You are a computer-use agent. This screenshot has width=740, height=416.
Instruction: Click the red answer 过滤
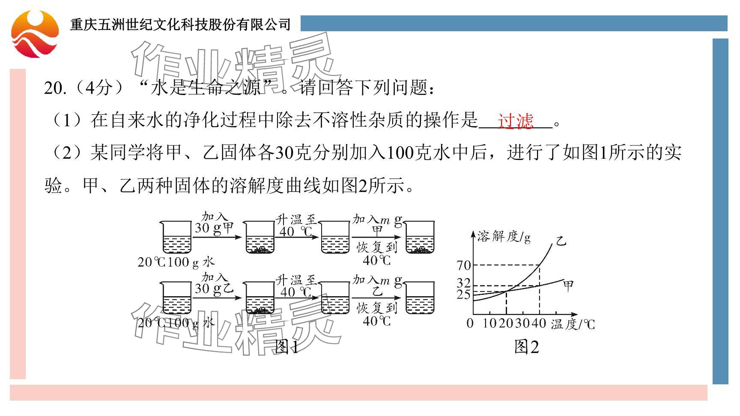tap(515, 121)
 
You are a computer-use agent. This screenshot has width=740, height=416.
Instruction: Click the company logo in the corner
tap(35, 34)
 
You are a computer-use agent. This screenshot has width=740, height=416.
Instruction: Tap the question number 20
tap(55, 89)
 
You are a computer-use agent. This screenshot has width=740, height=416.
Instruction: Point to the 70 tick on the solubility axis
tap(464, 265)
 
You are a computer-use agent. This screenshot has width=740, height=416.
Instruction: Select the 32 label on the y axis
tap(464, 283)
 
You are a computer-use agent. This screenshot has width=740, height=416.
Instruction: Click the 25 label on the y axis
tap(464, 294)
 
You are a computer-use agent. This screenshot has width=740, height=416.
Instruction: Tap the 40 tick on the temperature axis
tap(539, 323)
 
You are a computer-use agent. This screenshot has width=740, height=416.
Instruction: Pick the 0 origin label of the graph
tap(470, 323)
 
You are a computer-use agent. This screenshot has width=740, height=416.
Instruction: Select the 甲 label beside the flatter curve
tap(569, 285)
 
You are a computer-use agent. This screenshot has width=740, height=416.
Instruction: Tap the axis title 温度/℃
tap(573, 324)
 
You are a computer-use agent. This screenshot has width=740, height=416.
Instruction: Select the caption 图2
tap(526, 347)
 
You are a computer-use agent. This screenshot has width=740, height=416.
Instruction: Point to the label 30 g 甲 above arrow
tap(214, 227)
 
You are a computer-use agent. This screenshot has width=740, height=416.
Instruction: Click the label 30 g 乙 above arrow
tap(214, 288)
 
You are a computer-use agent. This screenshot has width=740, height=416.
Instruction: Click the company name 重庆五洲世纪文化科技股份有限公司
tap(180, 24)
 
